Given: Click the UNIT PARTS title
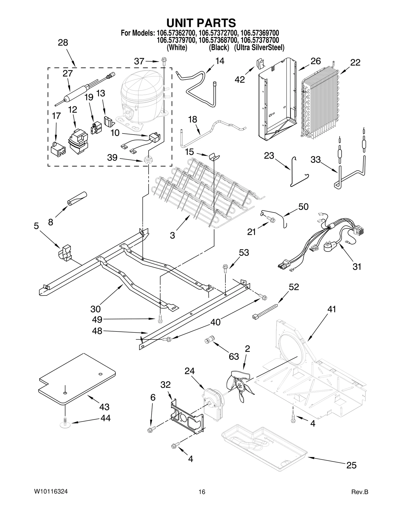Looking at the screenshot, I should (201, 23).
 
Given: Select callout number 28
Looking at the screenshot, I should (63, 43).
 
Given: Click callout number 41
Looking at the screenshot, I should (332, 309).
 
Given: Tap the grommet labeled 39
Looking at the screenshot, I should (149, 160).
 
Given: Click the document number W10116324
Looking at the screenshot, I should (51, 492).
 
